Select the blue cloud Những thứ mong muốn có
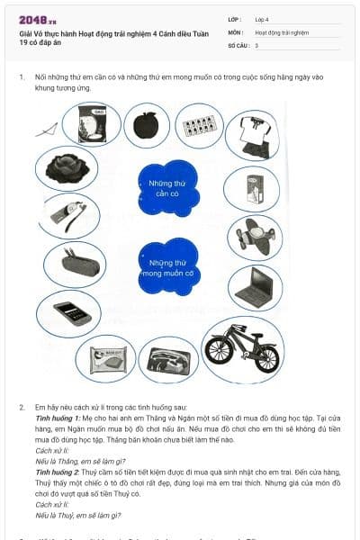(x=168, y=266)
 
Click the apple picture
(x=147, y=125)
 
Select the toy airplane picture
(x=254, y=237)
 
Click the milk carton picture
(x=253, y=189)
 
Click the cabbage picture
(x=66, y=166)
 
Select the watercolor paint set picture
(x=199, y=126)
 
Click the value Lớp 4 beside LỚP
(x=262, y=19)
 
